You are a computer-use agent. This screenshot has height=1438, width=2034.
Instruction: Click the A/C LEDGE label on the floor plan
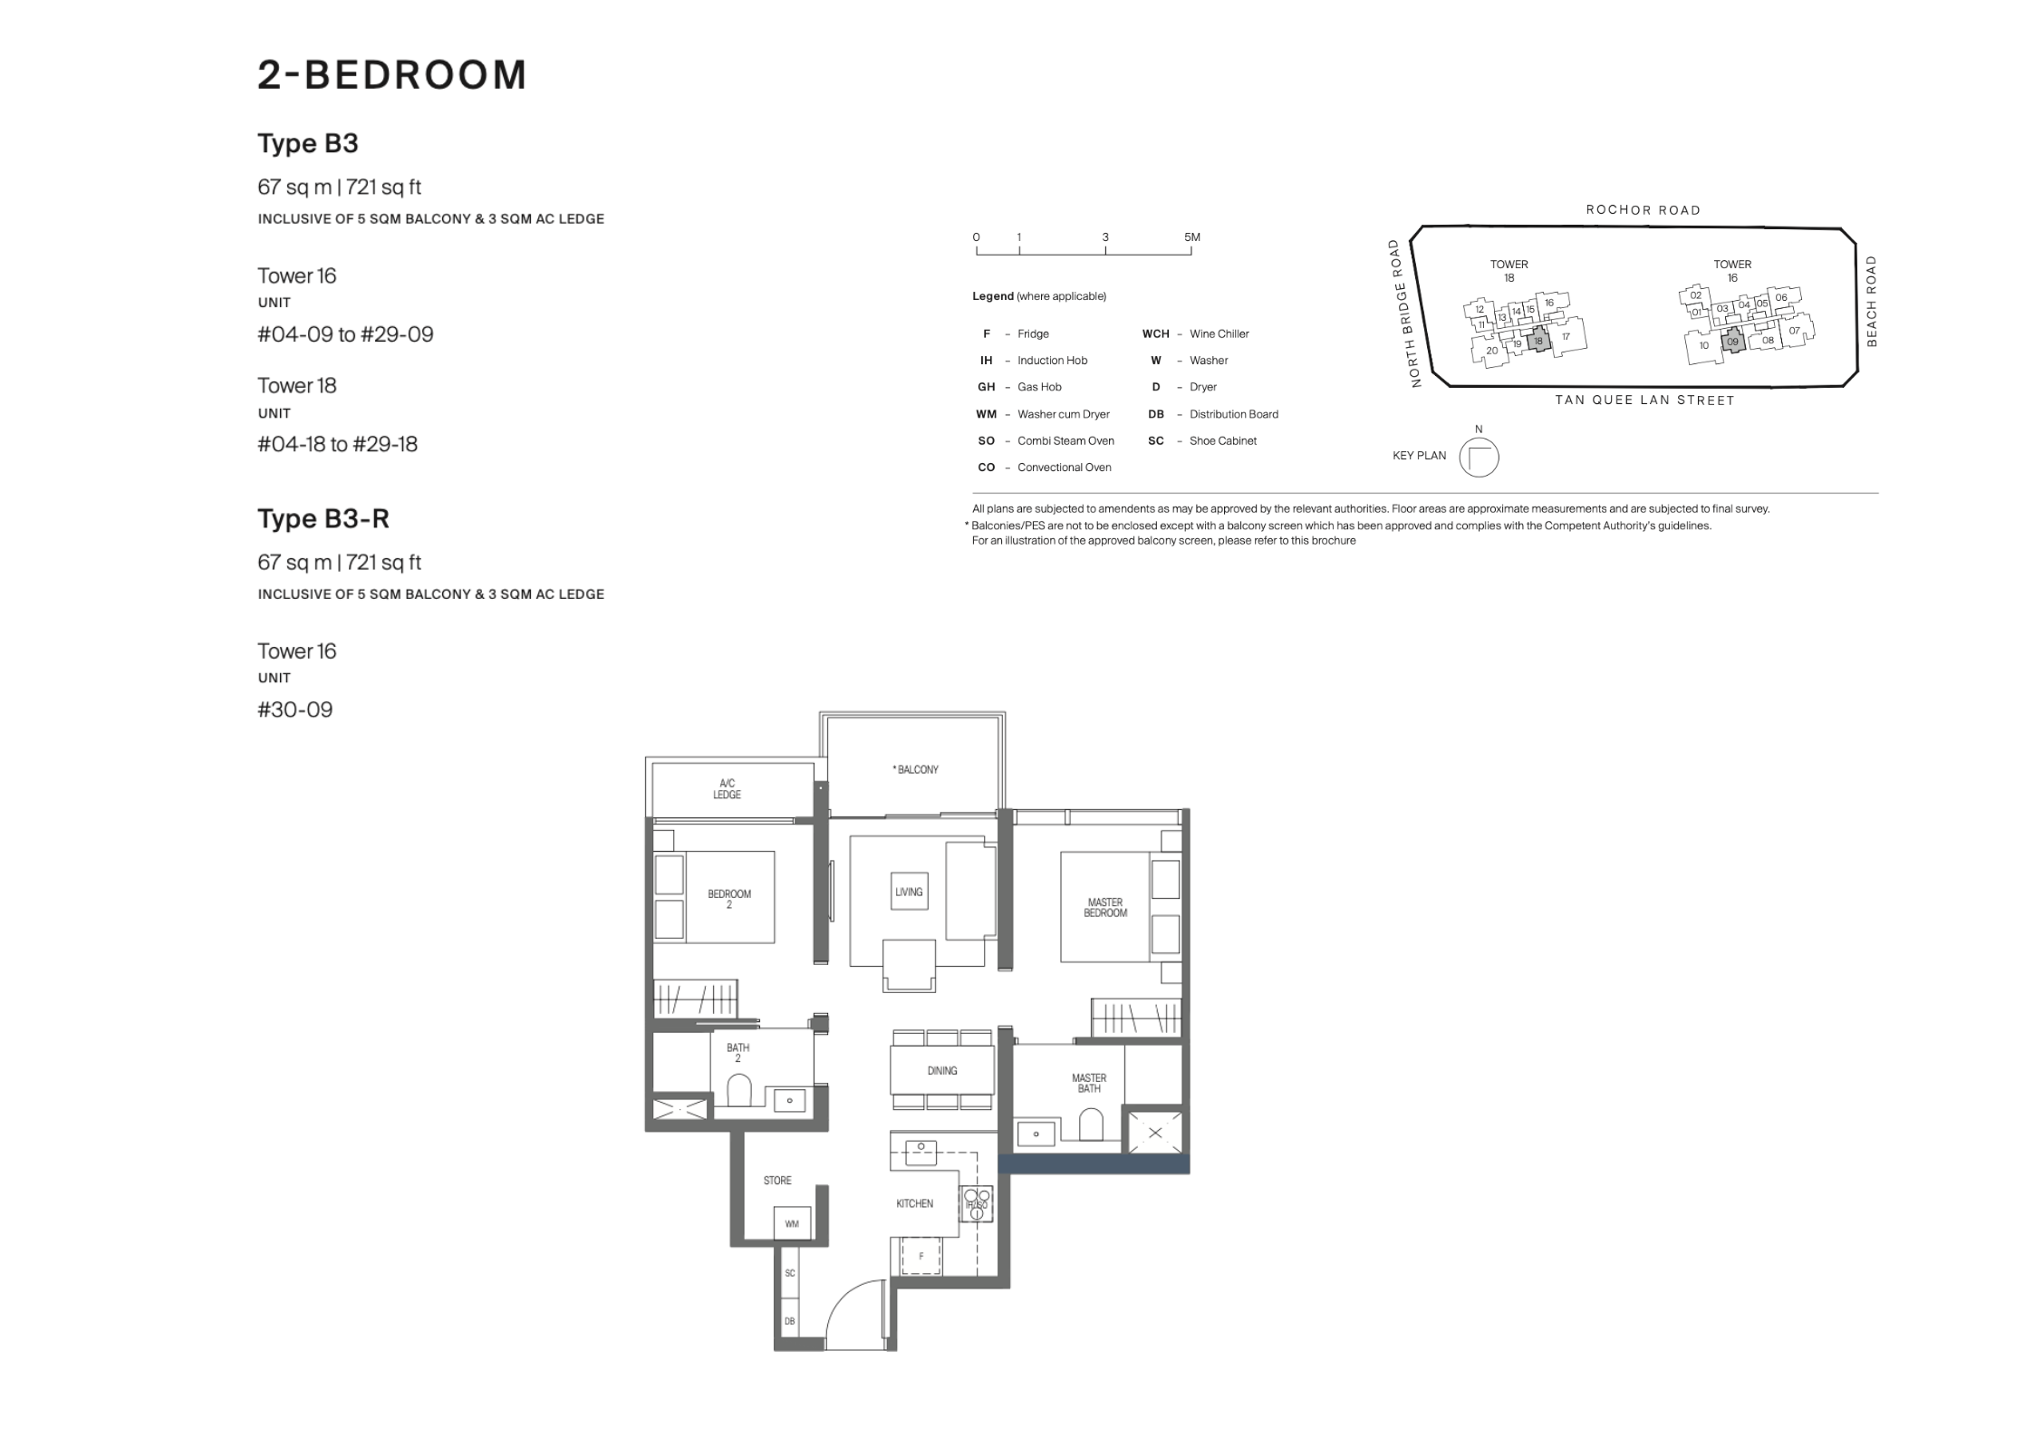point(727,789)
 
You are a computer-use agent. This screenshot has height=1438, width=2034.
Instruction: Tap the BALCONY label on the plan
point(916,769)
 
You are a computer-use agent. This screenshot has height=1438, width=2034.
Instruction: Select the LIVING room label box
point(909,893)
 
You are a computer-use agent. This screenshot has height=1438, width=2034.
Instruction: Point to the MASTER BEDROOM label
point(1105,908)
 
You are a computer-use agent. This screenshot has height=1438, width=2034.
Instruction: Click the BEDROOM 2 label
point(729,899)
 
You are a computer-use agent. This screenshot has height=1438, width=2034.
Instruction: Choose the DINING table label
point(942,1070)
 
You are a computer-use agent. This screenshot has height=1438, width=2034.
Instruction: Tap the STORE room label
point(777,1181)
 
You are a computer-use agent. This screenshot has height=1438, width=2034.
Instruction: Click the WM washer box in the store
point(793,1223)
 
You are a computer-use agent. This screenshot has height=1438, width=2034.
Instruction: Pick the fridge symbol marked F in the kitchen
point(921,1257)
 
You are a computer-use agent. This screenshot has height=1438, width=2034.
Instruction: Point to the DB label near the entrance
point(790,1322)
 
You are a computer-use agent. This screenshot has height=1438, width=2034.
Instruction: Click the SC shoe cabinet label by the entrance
point(790,1273)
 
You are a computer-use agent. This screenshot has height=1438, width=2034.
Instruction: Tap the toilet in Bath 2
point(739,1090)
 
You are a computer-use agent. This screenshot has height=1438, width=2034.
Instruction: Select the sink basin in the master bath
point(1036,1134)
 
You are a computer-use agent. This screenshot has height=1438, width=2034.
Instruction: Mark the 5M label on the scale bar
point(1191,237)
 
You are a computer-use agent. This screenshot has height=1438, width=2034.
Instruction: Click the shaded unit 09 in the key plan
point(1732,342)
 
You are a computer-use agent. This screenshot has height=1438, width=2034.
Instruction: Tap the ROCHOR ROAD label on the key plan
point(1643,210)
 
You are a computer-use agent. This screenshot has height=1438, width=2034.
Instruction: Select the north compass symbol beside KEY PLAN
point(1479,458)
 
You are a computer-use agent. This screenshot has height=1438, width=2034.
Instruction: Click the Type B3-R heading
point(323,518)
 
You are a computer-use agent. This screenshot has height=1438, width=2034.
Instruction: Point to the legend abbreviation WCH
point(1155,333)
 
